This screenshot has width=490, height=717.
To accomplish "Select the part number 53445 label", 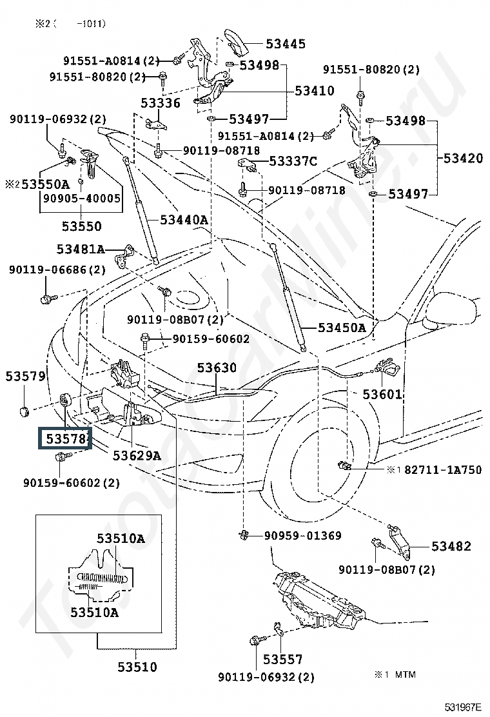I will tap(286, 44).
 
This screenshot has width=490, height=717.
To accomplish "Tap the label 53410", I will tap(315, 91).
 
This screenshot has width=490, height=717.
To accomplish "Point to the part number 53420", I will tap(463, 158).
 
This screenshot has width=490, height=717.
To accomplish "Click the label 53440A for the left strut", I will tap(184, 220).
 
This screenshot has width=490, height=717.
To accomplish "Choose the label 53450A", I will tap(341, 327).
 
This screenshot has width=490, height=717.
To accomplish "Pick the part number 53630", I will tap(217, 368).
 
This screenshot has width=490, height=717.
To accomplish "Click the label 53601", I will tap(382, 394).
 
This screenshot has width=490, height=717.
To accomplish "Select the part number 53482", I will tap(451, 547).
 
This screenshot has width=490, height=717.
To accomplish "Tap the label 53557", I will tap(282, 659).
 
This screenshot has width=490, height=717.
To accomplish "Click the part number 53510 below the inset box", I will tap(137, 667).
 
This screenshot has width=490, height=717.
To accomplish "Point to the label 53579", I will tap(25, 376).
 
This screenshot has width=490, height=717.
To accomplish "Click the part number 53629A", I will tap(137, 455).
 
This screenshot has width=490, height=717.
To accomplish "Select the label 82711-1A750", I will tap(443, 470).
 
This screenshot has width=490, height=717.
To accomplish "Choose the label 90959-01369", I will tap(303, 536).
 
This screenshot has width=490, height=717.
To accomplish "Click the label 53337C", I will tap(293, 161).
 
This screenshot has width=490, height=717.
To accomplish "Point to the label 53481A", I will tap(80, 249).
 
